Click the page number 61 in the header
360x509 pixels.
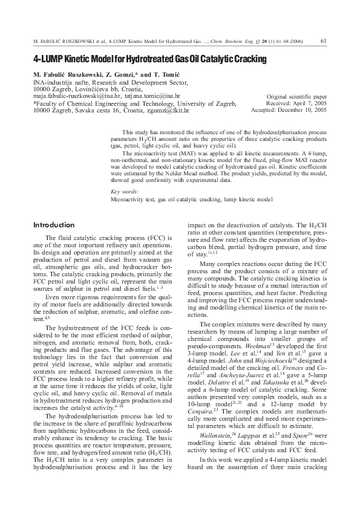324,41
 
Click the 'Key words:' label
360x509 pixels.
123,191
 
